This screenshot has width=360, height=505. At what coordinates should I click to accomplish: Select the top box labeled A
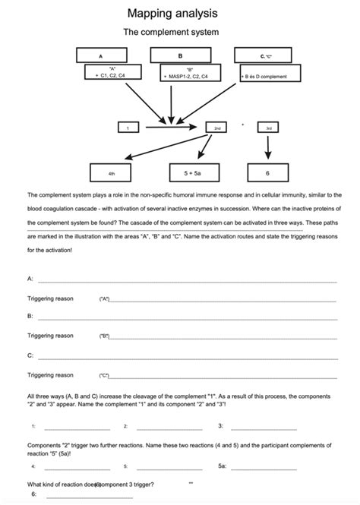(101, 55)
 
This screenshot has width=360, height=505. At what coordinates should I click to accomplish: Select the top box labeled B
(180, 55)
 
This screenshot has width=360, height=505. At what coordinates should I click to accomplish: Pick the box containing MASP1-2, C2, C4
(190, 73)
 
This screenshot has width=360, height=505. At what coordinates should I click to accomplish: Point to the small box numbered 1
(128, 128)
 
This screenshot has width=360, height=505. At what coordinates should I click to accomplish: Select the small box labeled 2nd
(217, 128)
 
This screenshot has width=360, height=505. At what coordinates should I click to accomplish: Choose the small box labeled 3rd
(268, 128)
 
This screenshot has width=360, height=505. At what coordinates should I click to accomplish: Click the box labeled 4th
(112, 173)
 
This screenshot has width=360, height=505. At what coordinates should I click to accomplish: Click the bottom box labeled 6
(267, 173)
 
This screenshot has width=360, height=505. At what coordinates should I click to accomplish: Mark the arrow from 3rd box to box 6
(268, 149)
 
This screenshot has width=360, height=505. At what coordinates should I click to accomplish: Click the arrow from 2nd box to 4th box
(167, 149)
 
